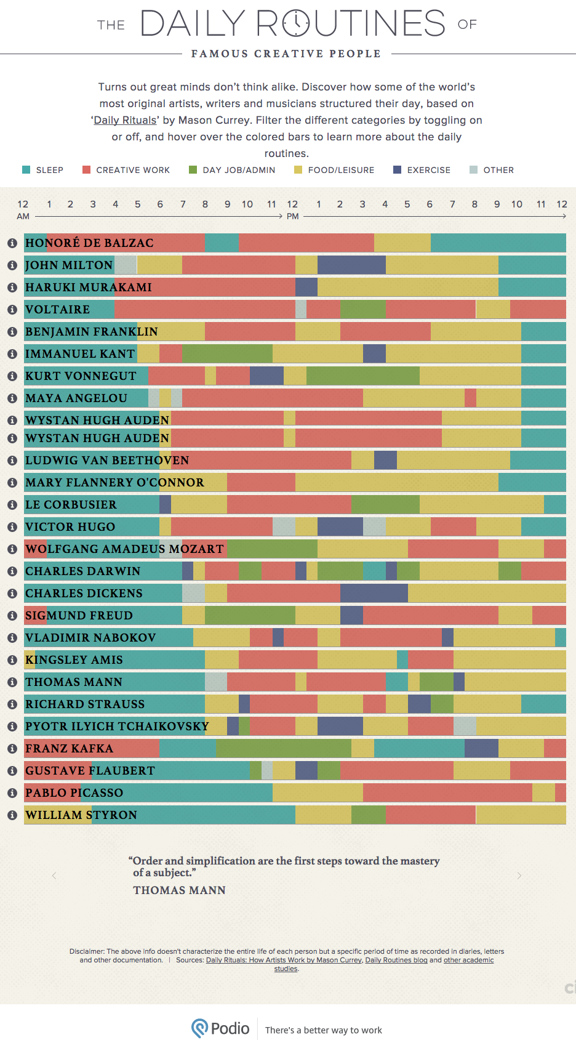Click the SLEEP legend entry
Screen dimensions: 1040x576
pos(43,170)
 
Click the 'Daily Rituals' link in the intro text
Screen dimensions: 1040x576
pos(126,120)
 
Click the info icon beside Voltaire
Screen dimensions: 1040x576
pos(12,310)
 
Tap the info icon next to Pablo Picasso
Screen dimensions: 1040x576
pos(12,793)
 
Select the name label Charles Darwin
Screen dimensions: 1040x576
pos(82,571)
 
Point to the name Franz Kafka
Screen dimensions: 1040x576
pos(69,749)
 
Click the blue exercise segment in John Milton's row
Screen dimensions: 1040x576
pos(351,265)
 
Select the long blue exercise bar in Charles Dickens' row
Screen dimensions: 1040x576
pos(374,594)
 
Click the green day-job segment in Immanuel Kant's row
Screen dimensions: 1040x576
pos(227,354)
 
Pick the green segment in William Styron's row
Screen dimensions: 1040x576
pos(369,815)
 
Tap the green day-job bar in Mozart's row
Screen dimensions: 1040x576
pos(272,549)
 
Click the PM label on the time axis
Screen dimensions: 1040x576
pos(293,217)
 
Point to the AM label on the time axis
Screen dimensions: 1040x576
pos(23,217)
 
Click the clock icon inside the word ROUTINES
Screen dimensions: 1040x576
pos(296,23)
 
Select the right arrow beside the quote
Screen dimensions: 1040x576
pos(519,876)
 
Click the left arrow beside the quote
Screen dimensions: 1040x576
pos(54,876)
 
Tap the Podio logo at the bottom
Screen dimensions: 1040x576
pos(220,1028)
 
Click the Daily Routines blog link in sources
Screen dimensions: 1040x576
pos(396,960)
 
